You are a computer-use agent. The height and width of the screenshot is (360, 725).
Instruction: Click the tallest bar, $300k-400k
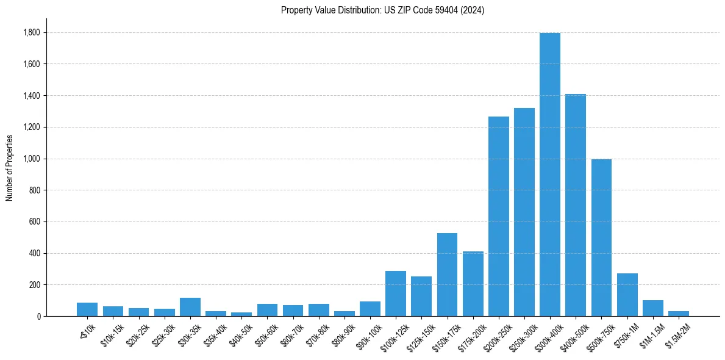tap(550, 175)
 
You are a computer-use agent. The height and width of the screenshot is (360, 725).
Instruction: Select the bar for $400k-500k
tap(576, 205)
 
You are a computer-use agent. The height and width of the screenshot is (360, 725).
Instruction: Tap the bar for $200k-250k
tap(499, 216)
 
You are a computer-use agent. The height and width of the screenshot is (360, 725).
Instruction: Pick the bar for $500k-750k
tap(601, 237)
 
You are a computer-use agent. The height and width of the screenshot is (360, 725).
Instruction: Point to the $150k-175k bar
tap(447, 275)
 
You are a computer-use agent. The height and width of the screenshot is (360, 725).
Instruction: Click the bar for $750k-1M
tap(627, 295)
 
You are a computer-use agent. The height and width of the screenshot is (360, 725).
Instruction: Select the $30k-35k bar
tap(190, 307)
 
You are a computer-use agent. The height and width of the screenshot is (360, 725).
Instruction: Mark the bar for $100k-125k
tap(396, 293)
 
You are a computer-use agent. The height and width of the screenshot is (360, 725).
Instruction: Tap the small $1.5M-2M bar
tap(679, 314)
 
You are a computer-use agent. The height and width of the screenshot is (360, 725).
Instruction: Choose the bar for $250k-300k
tap(524, 212)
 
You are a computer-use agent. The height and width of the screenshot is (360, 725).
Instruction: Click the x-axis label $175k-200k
tap(471, 333)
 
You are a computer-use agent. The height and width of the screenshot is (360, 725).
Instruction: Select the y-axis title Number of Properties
tap(9, 168)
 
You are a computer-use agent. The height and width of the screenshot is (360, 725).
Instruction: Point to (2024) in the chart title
tap(474, 10)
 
